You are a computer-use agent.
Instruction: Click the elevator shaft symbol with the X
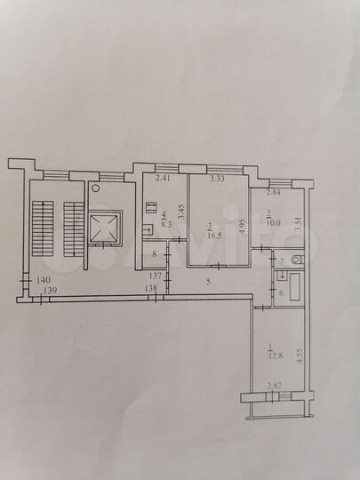pos(106,228)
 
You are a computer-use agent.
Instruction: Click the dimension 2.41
pos(163,180)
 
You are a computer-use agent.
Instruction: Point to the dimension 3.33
pos(216,180)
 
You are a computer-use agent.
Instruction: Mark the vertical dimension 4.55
pos(300,355)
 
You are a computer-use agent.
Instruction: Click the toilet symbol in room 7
pos(297,260)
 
